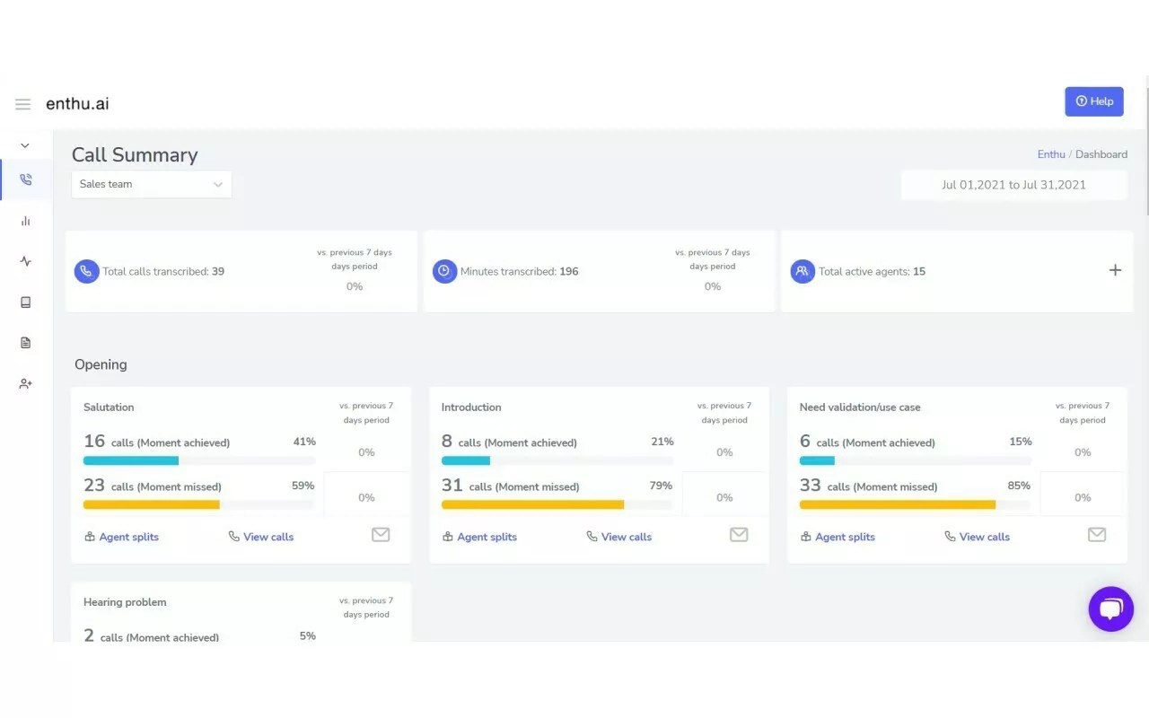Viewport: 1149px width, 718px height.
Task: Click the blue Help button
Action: click(1093, 101)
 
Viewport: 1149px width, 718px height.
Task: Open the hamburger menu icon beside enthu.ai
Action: click(23, 104)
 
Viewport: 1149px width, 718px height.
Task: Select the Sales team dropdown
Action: click(151, 184)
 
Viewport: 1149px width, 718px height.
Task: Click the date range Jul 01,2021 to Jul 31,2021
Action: click(1013, 185)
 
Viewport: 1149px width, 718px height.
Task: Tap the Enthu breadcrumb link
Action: click(1050, 154)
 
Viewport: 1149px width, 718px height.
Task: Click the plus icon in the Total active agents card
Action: click(1115, 270)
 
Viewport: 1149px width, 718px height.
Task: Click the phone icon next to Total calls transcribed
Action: click(86, 271)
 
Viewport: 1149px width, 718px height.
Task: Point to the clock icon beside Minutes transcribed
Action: click(444, 271)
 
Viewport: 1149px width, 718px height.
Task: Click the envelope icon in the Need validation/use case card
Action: click(1097, 535)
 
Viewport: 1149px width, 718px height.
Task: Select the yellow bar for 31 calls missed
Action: click(532, 504)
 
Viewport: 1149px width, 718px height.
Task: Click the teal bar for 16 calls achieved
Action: click(131, 460)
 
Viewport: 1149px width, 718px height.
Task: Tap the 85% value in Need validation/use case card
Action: click(1019, 486)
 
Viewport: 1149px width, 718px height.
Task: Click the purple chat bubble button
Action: click(1110, 609)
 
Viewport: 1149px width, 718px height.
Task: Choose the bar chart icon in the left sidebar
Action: click(25, 221)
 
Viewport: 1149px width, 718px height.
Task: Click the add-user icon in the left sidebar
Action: click(25, 383)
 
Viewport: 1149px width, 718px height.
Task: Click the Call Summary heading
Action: click(135, 154)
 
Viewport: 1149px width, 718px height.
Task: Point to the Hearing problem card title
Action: click(125, 602)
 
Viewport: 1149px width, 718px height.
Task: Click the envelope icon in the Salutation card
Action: click(381, 535)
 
